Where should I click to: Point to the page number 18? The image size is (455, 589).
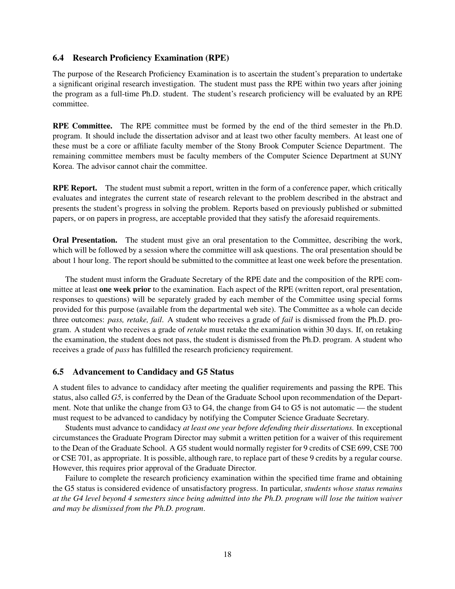coord(227,554)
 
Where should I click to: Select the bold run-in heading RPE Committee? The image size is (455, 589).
coord(82,126)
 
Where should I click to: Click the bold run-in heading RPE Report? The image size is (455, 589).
coord(75,188)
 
